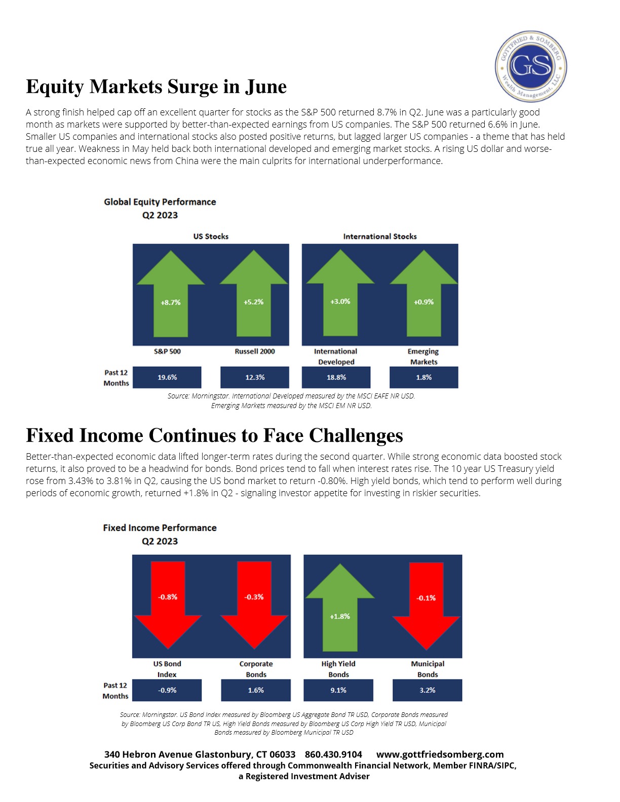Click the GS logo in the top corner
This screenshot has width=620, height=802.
click(x=531, y=66)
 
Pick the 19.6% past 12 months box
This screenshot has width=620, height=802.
click(x=167, y=377)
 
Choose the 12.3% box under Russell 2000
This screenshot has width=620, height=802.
click(x=255, y=377)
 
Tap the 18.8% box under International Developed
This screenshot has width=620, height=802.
click(x=336, y=377)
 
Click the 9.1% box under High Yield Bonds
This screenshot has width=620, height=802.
click(x=338, y=690)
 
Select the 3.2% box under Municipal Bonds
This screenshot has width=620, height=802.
click(x=428, y=690)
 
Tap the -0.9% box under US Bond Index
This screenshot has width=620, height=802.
click(x=167, y=690)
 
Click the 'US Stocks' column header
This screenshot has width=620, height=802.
click(x=211, y=236)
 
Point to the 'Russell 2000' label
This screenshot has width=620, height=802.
click(x=255, y=351)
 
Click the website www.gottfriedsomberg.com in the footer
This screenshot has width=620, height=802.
click(x=440, y=754)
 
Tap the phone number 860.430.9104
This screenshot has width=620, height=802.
click(x=333, y=754)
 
